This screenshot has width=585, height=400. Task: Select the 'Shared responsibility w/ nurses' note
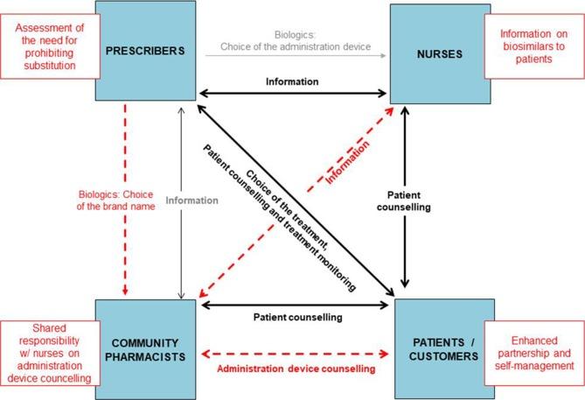coord(52,354)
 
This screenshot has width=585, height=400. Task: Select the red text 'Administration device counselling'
coord(295,370)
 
